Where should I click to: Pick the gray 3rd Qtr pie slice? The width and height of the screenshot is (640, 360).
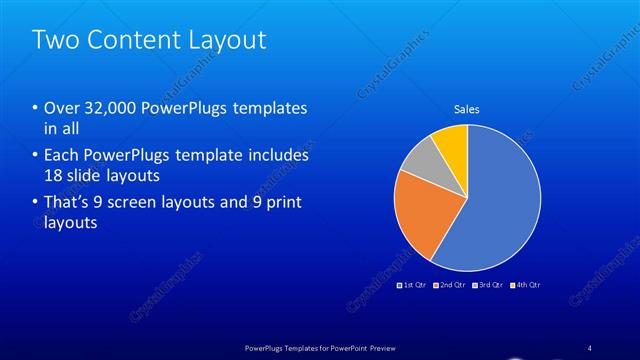(x=420, y=159)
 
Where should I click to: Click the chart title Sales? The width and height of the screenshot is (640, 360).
(x=467, y=109)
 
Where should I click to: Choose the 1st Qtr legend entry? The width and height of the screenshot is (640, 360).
(x=413, y=285)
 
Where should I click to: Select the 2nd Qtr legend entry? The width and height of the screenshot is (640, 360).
(x=450, y=285)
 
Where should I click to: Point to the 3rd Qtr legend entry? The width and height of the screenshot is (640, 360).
(x=487, y=285)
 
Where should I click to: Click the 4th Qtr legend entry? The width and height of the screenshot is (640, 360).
(x=524, y=285)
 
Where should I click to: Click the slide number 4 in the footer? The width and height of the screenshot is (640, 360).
(x=590, y=346)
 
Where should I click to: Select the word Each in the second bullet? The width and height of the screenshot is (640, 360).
(x=62, y=156)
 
